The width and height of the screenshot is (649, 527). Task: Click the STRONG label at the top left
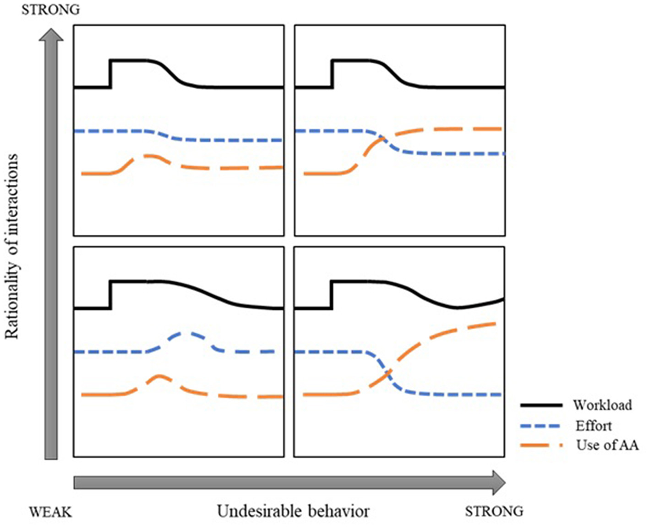point(50,10)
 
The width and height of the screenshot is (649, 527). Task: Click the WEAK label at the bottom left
point(50,511)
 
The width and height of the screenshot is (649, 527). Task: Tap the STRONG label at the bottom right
point(494,511)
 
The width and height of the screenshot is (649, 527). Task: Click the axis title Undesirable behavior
point(293,511)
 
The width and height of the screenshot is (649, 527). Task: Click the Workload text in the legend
point(602,405)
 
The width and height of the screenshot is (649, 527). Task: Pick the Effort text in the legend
point(594,425)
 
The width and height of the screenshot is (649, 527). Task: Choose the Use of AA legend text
point(607,445)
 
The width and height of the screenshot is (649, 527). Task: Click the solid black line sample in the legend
point(541,405)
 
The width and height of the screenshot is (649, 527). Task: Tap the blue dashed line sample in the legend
point(541,425)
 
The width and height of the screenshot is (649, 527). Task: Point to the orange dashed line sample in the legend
point(541,445)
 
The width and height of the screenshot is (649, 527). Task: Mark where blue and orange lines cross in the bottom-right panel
point(389,373)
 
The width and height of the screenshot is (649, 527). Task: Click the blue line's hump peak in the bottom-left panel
point(184,332)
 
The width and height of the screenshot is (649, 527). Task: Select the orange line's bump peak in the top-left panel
point(147,156)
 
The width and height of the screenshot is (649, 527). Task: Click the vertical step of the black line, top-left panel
point(110,73)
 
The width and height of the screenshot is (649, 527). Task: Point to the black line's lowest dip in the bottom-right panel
point(457,308)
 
